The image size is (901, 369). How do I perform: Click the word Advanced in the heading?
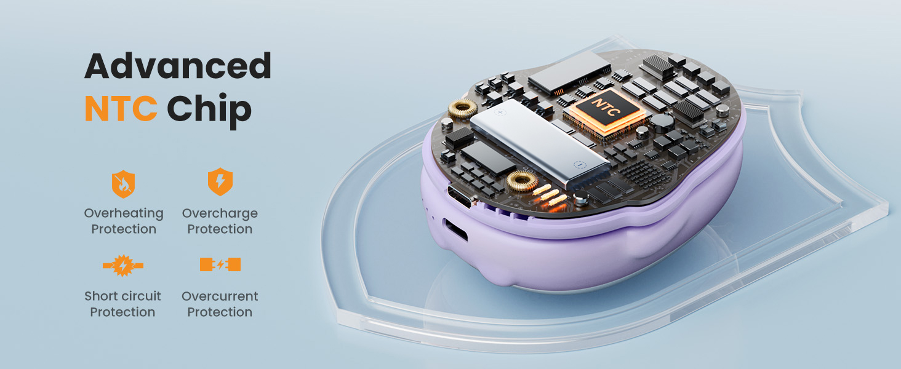178,66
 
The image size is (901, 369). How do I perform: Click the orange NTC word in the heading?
121,108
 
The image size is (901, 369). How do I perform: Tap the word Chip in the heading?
209,111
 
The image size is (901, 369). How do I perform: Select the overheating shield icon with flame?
123,184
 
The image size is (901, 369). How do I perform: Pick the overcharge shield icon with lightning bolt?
220,181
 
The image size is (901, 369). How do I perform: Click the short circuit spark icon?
123,265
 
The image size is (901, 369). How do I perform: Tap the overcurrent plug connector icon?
220,264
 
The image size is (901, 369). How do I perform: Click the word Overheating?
124,213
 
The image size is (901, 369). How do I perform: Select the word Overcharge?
220,213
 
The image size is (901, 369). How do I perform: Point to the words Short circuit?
122,296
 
